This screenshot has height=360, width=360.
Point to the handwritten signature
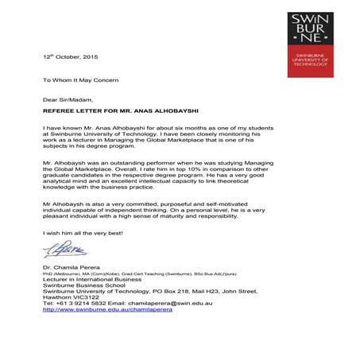point(56,251)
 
